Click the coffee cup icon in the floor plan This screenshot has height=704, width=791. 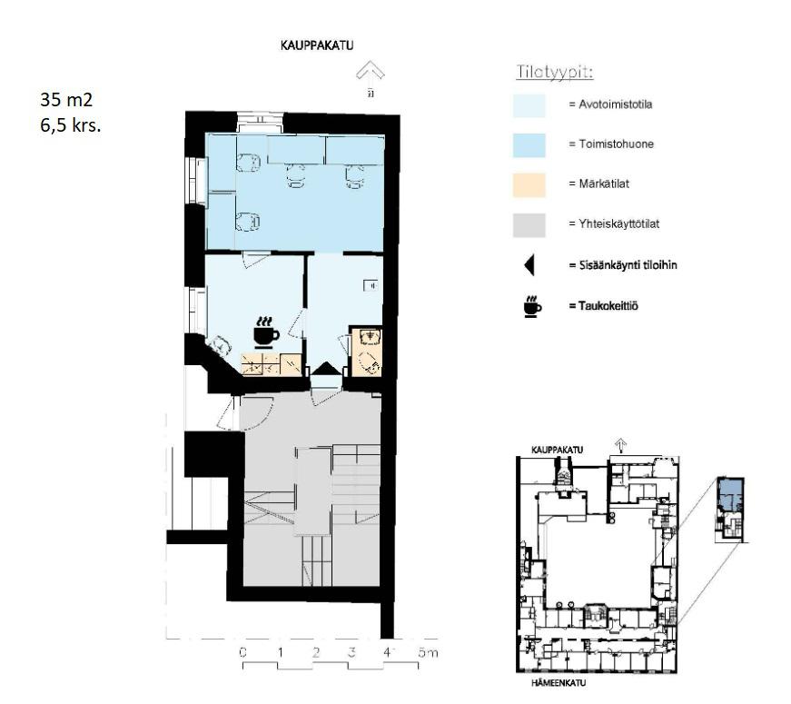266,332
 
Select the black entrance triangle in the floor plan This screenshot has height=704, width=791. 325,368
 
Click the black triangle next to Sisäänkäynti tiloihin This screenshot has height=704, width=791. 529,265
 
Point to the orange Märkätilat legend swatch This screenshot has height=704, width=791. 529,185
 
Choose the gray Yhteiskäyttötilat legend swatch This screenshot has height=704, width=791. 529,225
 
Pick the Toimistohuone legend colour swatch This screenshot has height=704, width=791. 529,145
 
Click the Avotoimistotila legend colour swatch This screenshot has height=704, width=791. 529,105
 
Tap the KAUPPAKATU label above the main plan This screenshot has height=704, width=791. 317,45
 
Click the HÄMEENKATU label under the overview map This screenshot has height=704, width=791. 559,683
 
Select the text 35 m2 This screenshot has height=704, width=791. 66,99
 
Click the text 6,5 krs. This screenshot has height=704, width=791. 71,124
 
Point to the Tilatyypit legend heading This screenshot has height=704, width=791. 554,72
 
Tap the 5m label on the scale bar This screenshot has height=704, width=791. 428,652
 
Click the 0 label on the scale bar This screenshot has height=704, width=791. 242,652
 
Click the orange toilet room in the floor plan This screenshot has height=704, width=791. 367,352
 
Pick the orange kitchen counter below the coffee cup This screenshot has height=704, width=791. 272,364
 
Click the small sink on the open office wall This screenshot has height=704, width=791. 371,285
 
